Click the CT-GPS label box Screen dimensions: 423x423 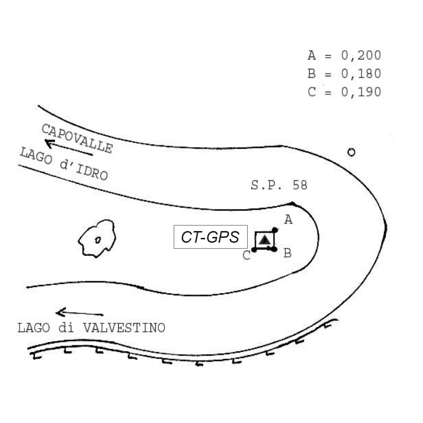pos(211,237)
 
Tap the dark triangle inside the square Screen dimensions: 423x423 pos(265,240)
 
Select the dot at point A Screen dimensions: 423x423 pos(275,230)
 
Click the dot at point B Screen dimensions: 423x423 pos(275,249)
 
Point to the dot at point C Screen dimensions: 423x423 pos(254,250)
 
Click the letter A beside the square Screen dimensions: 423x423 pos(288,220)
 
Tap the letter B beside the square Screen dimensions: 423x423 pos(288,253)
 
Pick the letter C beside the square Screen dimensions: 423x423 pos(247,255)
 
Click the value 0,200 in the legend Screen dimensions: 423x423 pos(361,55)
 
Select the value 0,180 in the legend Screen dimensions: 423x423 pos(361,74)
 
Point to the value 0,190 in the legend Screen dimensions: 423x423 pos(361,92)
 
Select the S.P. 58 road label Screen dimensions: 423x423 pos(279,185)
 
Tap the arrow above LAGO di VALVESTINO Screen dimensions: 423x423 pos(80,313)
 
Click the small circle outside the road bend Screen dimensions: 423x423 pos(351,152)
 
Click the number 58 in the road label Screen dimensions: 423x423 pos(300,185)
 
